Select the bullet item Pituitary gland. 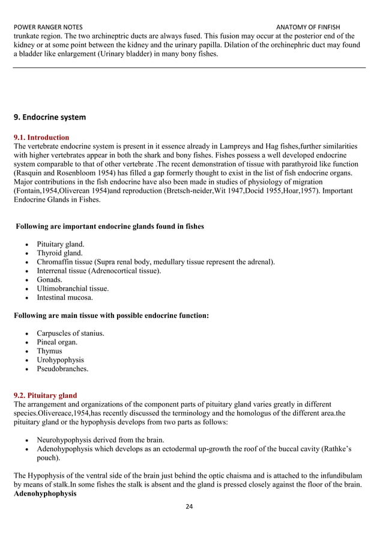61,245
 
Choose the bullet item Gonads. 49,280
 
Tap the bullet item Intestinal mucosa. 64,297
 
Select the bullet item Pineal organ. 57,343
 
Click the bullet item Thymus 49,351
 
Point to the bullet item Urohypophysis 60,360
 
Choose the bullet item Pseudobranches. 62,369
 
